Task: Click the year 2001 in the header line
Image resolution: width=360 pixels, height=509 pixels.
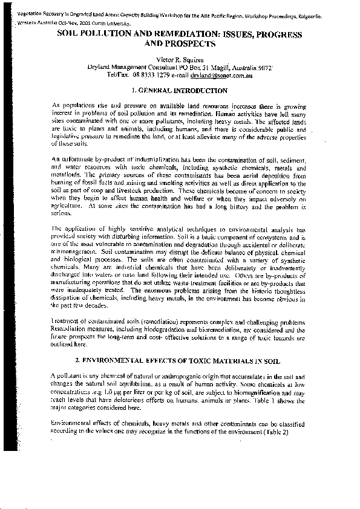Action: tap(69, 20)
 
